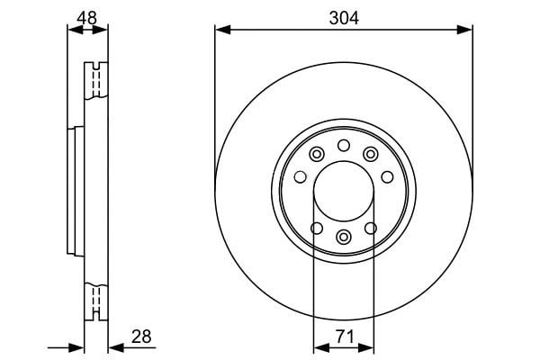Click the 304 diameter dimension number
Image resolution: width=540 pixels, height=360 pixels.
(344, 18)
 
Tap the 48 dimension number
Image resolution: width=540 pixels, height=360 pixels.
(86, 18)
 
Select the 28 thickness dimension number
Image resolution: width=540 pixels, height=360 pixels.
(141, 337)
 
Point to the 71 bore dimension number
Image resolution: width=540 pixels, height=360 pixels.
(345, 337)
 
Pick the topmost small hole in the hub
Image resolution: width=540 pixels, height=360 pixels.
(344, 146)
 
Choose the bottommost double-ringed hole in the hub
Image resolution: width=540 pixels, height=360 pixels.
(344, 237)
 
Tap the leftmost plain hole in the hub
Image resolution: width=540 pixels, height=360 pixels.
(301, 177)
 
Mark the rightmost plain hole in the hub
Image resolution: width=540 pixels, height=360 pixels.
(387, 177)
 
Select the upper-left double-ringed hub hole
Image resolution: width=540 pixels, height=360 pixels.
(317, 154)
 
